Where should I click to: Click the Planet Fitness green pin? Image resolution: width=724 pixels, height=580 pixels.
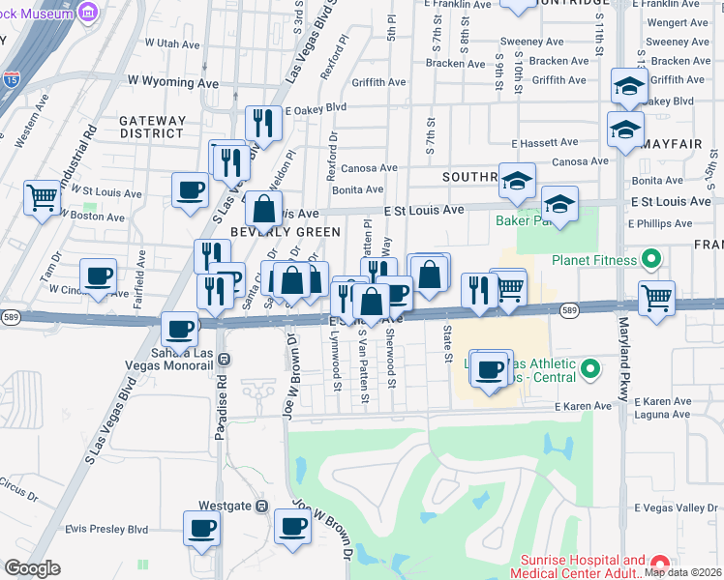click(651, 260)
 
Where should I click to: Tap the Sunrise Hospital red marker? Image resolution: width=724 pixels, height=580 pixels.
click(659, 564)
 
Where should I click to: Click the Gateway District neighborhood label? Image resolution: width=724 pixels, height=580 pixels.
click(152, 127)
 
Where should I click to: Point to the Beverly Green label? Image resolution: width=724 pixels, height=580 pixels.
click(285, 232)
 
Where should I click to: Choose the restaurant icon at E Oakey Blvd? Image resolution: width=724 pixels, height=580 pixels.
click(262, 123)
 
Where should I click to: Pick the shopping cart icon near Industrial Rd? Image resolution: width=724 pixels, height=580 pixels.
click(43, 198)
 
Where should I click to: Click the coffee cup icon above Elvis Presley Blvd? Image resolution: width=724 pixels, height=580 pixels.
click(202, 528)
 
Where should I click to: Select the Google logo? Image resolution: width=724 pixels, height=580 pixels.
click(31, 568)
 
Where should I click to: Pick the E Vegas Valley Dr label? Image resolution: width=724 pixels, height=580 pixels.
click(677, 507)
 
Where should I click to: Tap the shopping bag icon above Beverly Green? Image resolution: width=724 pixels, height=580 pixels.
click(262, 208)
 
